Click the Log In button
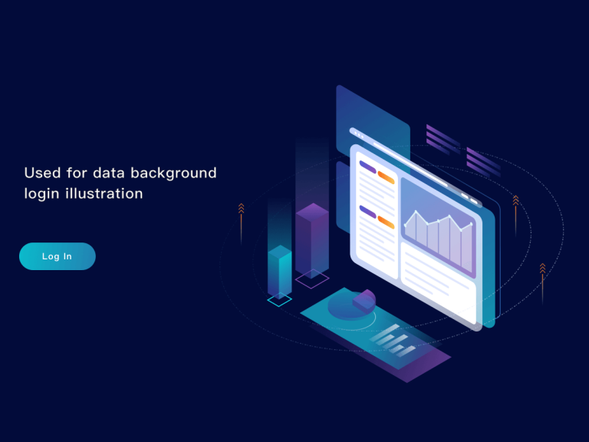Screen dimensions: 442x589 coord(58,256)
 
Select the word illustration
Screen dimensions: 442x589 coord(105,193)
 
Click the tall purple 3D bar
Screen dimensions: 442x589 coord(312,238)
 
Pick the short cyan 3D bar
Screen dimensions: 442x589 coord(279,272)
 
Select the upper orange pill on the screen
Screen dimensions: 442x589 coord(386,177)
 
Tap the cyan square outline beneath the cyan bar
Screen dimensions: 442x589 coord(279,300)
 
